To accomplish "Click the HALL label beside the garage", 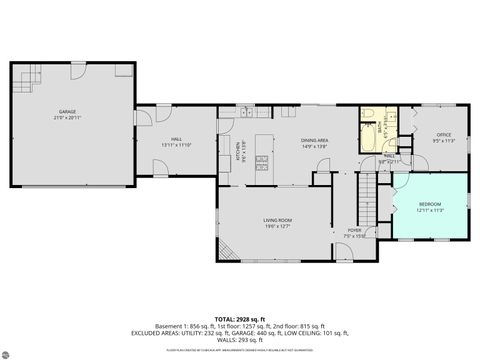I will pyautogui.click(x=176, y=139).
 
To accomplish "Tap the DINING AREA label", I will pyautogui.click(x=315, y=141).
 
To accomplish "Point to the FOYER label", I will pyautogui.click(x=354, y=231).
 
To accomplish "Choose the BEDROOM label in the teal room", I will pyautogui.click(x=429, y=204).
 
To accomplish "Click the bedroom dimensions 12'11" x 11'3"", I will pyautogui.click(x=429, y=210).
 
